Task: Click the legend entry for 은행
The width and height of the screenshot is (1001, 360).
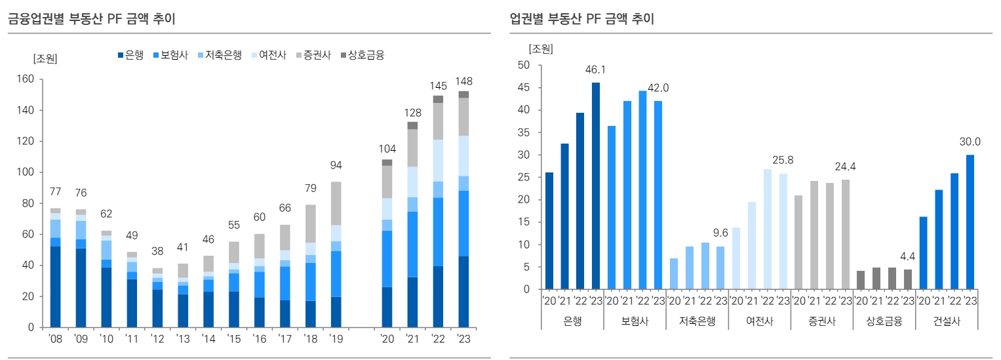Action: coord(134,55)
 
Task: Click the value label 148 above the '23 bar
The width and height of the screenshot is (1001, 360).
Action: coord(463,81)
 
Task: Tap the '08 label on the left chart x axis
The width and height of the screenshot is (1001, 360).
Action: coord(54,339)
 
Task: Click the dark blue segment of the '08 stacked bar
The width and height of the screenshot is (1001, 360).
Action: coord(54,287)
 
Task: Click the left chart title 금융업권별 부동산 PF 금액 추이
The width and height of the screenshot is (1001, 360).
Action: coord(91,19)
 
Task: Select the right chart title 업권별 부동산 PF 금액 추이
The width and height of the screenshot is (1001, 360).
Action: coord(581,19)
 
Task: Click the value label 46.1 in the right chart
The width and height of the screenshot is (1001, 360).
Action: coord(596,70)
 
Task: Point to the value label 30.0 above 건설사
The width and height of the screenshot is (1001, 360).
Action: coord(970,142)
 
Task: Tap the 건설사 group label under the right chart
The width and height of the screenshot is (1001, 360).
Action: coord(947,321)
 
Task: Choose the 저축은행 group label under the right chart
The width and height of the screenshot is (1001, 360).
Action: coord(697,321)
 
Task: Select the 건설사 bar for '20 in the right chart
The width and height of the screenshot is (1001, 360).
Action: coord(923,252)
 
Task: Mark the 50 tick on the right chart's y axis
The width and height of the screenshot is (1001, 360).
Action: coord(523,65)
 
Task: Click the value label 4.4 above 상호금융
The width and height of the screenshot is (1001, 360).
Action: coord(908,256)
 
